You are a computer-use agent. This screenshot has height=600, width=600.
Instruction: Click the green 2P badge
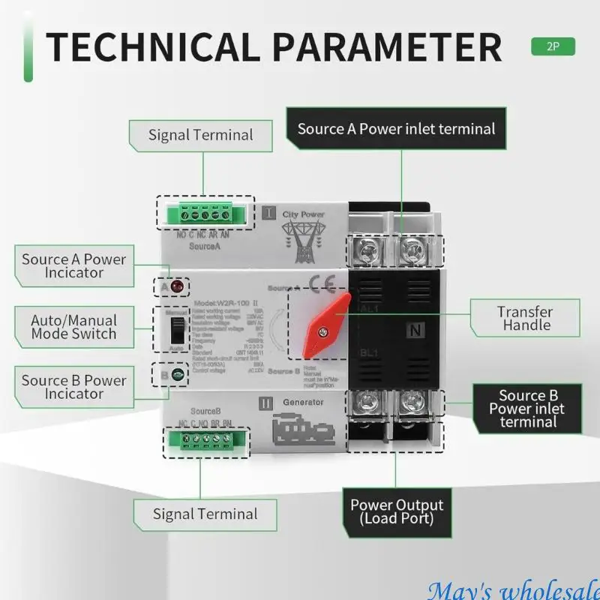tap(553, 46)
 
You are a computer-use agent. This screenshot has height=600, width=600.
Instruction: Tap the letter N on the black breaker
tap(415, 329)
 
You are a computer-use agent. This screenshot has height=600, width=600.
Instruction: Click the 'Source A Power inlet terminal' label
tap(396, 129)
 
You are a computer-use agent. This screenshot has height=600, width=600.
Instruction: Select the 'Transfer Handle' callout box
tap(526, 319)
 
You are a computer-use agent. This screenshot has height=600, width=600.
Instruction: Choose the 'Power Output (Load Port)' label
tap(397, 511)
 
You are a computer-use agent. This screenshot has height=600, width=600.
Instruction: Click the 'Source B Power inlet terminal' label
tap(528, 409)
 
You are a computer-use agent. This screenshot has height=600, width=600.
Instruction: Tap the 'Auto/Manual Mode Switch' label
tap(73, 327)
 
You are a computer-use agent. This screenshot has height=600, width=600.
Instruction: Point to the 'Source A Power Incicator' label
tap(73, 265)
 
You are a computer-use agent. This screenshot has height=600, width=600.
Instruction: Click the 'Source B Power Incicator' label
tap(73, 387)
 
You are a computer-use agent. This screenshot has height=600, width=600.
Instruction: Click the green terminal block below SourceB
tap(214, 441)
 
